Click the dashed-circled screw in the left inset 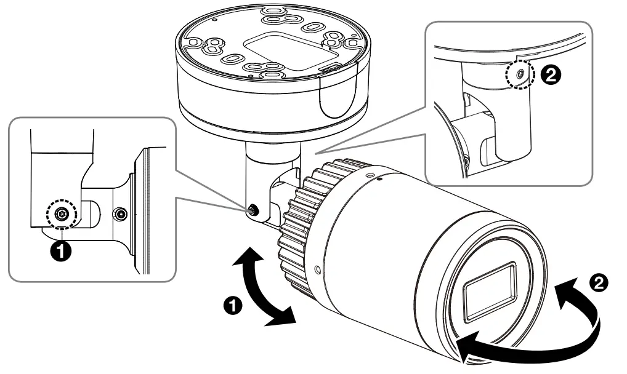(60, 213)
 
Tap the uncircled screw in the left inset (121, 214)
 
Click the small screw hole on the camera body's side (317, 269)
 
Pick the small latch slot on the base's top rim (330, 65)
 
